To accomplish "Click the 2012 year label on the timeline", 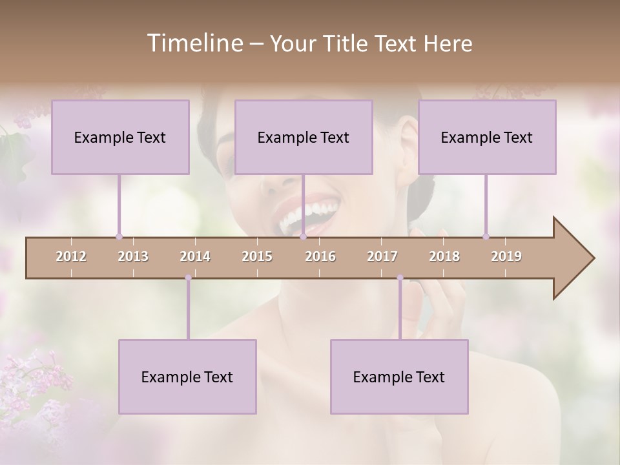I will (71, 256).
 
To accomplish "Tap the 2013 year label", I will (133, 256).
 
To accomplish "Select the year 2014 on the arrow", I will (195, 256).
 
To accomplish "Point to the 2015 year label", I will (257, 256).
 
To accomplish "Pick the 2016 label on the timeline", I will (320, 256).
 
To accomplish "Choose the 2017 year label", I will (382, 256).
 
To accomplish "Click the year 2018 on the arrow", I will (444, 256).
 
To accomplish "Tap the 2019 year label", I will (506, 256).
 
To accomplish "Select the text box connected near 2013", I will (120, 137).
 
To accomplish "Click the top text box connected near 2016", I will (304, 137).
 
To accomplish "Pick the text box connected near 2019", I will (487, 137).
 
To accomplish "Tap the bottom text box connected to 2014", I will (187, 377).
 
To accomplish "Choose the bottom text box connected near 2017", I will (399, 377).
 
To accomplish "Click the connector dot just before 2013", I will (119, 236).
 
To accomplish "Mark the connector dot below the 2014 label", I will (188, 278).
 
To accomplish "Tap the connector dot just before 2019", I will (486, 236).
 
